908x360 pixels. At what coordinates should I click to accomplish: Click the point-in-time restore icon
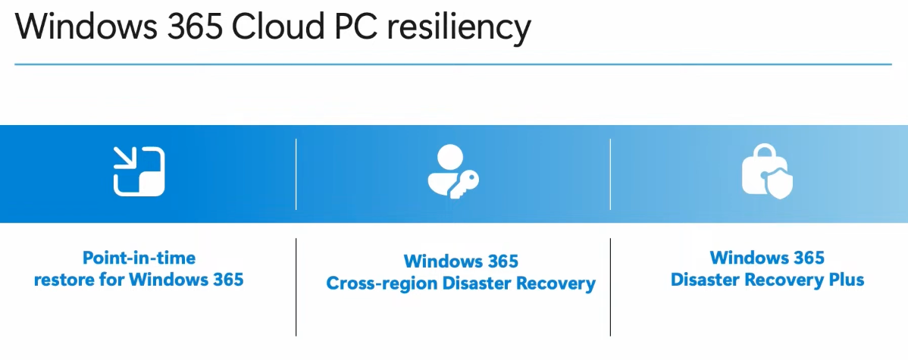139,172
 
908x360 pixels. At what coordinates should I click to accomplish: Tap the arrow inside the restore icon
123,158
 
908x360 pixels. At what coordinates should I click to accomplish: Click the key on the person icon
464,183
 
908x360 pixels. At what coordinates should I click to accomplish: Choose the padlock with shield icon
765,172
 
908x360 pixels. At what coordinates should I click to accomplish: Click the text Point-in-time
139,258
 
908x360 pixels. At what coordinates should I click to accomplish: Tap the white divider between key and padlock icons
610,174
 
